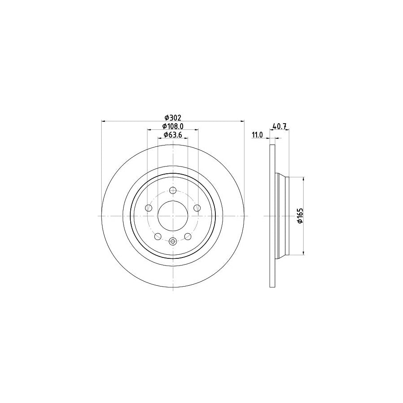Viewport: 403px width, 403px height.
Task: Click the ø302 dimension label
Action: [173, 118]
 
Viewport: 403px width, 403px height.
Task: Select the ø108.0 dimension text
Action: [173, 126]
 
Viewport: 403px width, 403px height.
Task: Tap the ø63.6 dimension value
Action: [173, 135]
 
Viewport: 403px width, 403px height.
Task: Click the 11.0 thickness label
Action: [257, 134]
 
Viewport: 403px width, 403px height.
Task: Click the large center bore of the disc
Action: [173, 215]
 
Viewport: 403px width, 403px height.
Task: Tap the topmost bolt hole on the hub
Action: [173, 190]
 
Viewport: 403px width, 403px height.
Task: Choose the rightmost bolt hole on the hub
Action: [197, 207]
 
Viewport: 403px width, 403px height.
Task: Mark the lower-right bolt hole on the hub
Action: [188, 236]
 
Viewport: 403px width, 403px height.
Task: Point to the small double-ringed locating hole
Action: [173, 241]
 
